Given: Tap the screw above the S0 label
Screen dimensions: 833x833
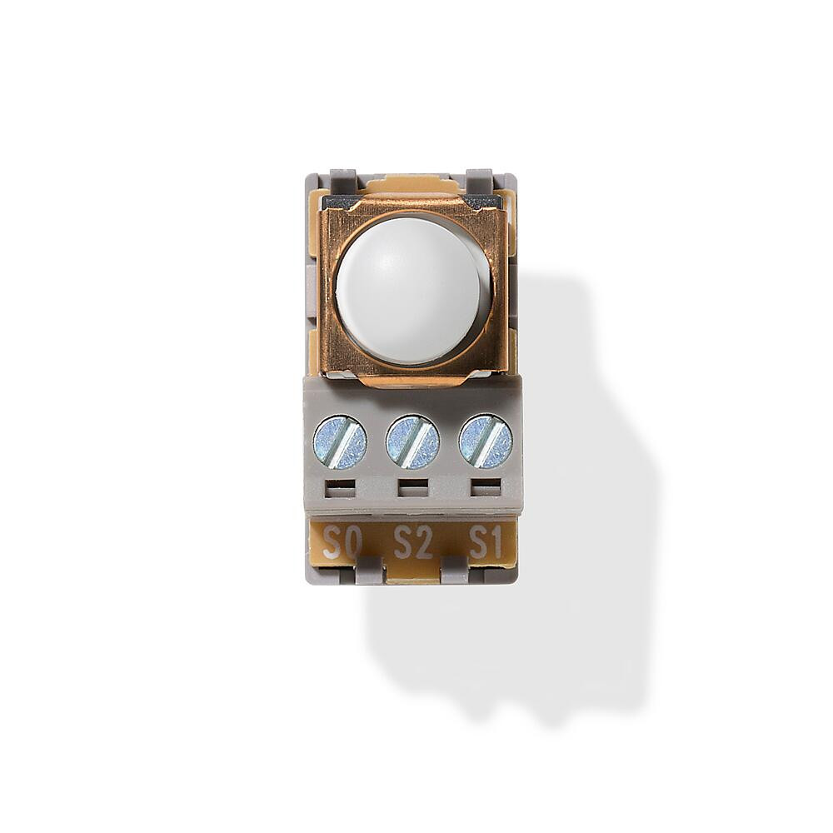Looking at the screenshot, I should (340, 441).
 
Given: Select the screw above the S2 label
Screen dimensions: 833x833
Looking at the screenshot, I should (412, 441).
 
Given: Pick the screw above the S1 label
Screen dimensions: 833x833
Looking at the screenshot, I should (486, 441).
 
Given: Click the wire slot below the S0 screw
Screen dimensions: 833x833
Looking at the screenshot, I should (340, 488).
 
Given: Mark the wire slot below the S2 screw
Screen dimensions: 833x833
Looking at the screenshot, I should (412, 488).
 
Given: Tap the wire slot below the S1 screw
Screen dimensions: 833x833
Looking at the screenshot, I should (486, 488).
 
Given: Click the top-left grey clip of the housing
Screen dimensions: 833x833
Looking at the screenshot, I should (343, 179).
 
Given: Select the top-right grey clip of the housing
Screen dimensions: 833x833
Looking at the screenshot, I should (479, 179).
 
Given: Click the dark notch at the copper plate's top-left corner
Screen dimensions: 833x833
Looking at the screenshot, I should (341, 202).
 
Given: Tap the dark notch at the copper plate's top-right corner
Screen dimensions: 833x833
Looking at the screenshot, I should (482, 202).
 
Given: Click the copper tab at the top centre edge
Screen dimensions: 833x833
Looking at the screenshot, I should (412, 184).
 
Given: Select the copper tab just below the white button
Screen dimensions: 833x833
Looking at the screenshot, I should (412, 379).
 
